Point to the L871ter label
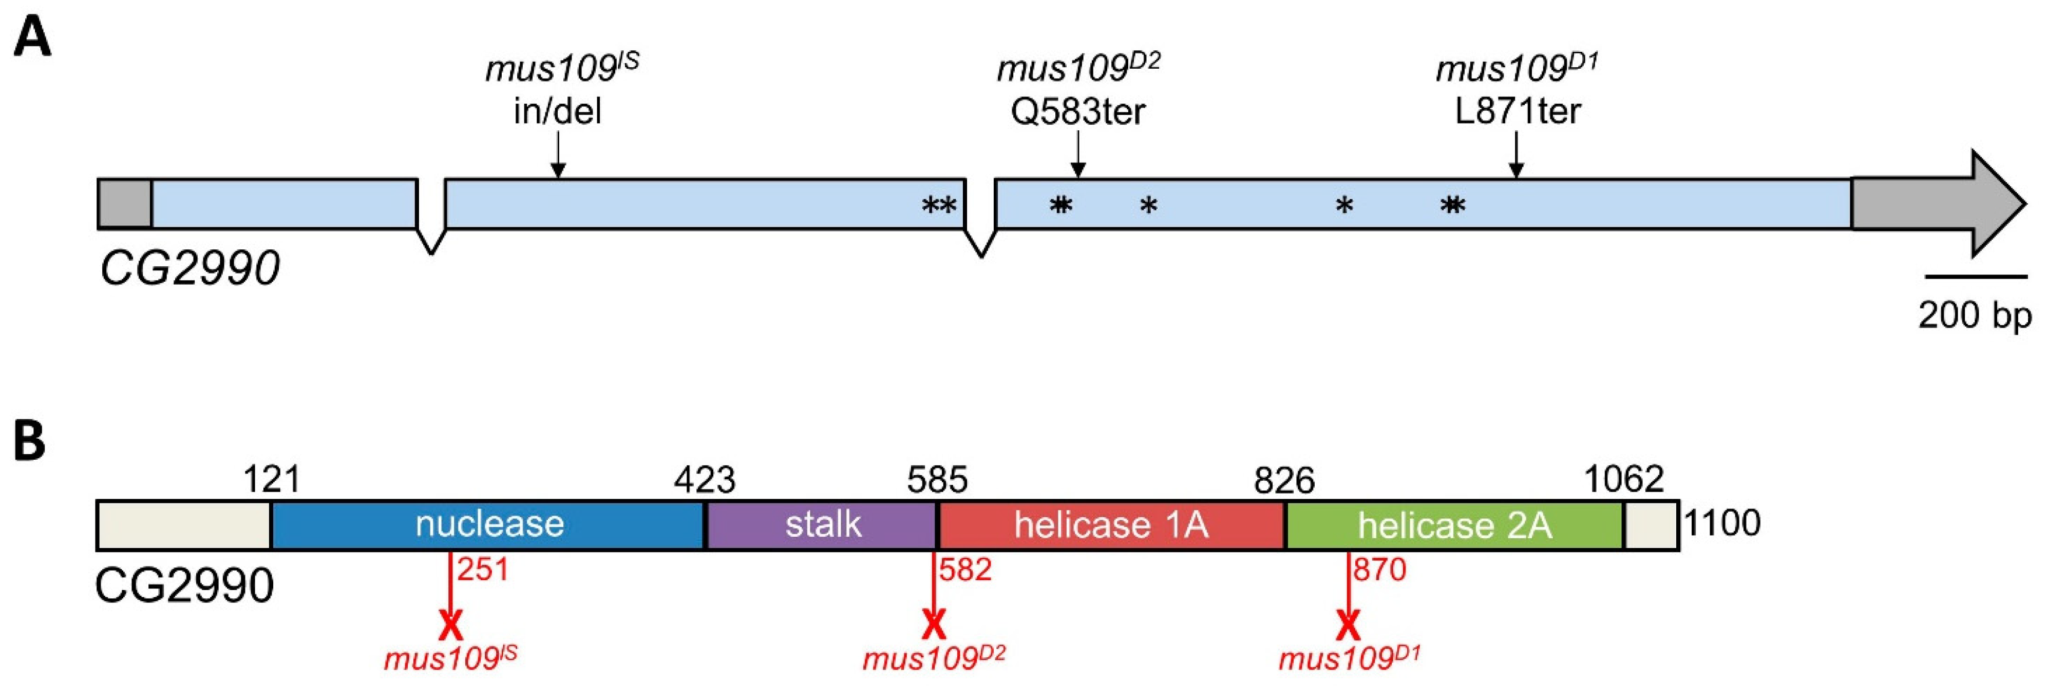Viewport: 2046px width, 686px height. pos(1517,111)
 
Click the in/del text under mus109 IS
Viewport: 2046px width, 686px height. pos(558,111)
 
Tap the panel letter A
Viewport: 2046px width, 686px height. pos(32,38)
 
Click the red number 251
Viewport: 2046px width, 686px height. pos(482,570)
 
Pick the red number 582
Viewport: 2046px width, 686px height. pos(965,570)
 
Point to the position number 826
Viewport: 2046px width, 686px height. pos(1284,480)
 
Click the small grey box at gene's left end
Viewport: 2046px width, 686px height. pos(125,204)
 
